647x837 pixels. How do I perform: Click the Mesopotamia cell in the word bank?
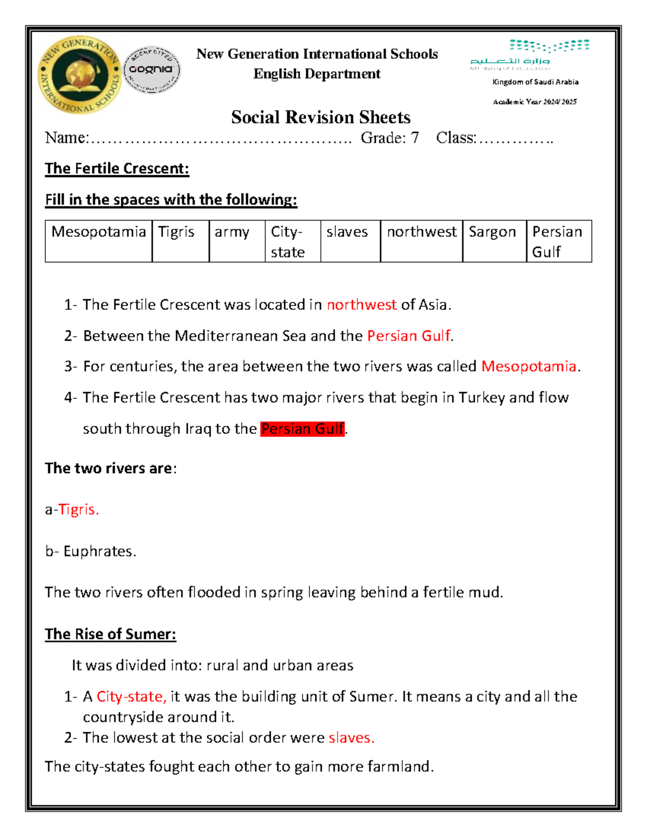click(99, 240)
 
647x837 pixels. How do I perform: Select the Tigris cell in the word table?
click(180, 240)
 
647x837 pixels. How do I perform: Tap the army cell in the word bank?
click(237, 240)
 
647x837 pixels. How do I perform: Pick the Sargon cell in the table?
click(494, 240)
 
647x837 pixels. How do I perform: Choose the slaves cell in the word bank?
click(350, 240)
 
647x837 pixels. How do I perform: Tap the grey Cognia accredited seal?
click(152, 70)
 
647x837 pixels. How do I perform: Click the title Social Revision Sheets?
click(321, 117)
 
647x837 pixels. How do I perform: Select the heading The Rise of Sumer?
click(111, 634)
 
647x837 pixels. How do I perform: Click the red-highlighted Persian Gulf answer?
click(302, 429)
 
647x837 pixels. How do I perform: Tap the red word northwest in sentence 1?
click(361, 305)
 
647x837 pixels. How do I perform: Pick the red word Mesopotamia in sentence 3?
click(528, 366)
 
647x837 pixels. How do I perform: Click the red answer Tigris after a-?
click(79, 509)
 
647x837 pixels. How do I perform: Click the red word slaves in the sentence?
click(351, 737)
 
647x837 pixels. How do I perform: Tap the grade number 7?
click(414, 138)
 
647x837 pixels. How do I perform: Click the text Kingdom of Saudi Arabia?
click(535, 82)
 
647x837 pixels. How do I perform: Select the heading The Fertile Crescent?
click(117, 169)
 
